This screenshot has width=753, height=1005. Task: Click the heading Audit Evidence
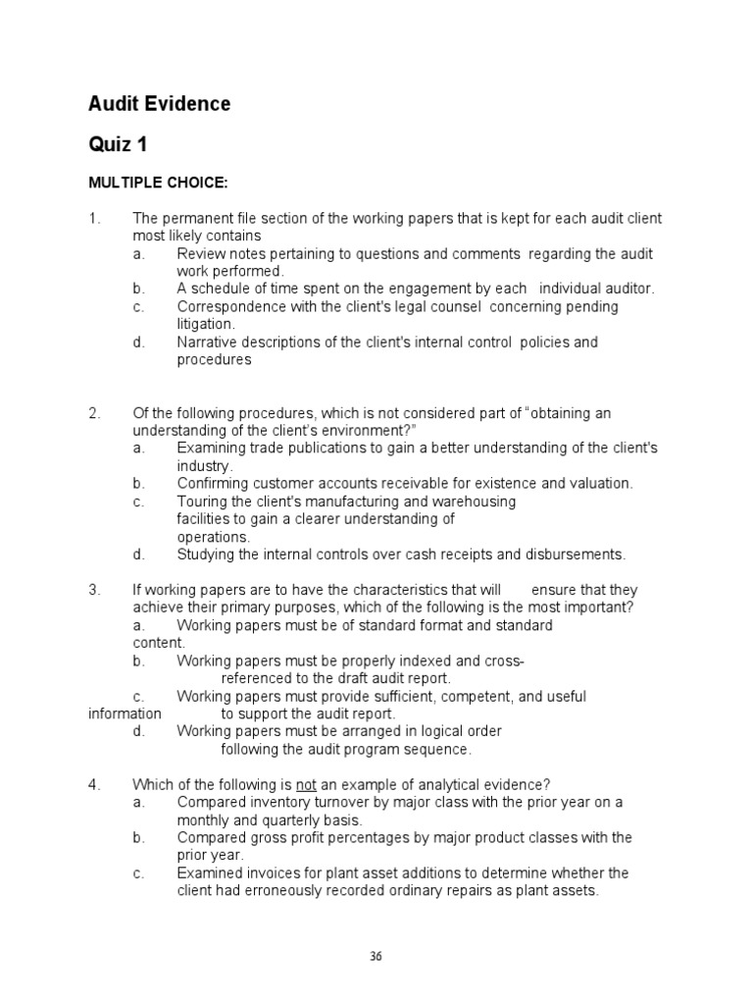[160, 104]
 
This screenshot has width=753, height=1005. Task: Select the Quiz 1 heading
[118, 145]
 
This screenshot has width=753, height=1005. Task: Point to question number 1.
[93, 218]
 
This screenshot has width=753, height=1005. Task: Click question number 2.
[93, 413]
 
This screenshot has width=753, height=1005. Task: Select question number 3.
[93, 590]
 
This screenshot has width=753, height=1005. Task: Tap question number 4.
[93, 783]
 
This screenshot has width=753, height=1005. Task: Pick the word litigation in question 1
[205, 324]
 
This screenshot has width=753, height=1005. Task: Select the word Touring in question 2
[201, 501]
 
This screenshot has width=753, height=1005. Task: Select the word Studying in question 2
[206, 555]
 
